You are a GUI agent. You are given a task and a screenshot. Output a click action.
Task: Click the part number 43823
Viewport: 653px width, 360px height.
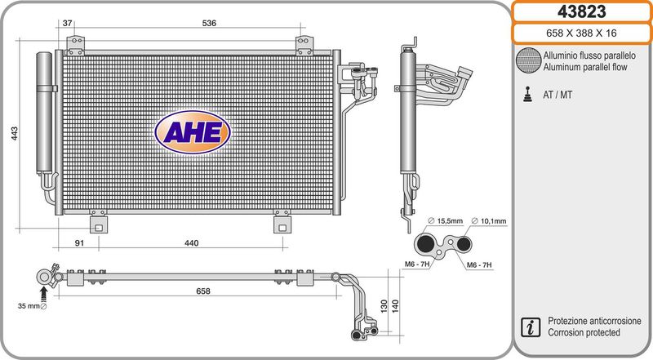tap(581, 11)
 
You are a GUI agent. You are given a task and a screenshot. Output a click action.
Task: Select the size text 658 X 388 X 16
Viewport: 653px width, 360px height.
tap(581, 33)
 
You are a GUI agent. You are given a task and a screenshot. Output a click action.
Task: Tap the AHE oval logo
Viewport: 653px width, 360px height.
tap(193, 132)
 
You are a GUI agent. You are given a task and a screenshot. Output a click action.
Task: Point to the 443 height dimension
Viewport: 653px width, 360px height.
tap(15, 133)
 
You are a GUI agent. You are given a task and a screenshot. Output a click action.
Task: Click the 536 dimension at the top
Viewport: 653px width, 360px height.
tap(209, 24)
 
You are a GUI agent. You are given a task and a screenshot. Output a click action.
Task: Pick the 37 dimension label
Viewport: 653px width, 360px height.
tap(67, 24)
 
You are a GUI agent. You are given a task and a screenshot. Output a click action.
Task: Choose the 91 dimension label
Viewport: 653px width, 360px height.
tap(79, 243)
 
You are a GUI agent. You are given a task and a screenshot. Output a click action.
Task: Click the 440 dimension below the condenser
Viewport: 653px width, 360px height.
tap(192, 243)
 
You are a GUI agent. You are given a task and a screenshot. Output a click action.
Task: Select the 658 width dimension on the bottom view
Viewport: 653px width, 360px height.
tap(203, 291)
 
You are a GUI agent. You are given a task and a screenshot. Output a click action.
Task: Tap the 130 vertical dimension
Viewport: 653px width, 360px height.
tap(384, 306)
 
